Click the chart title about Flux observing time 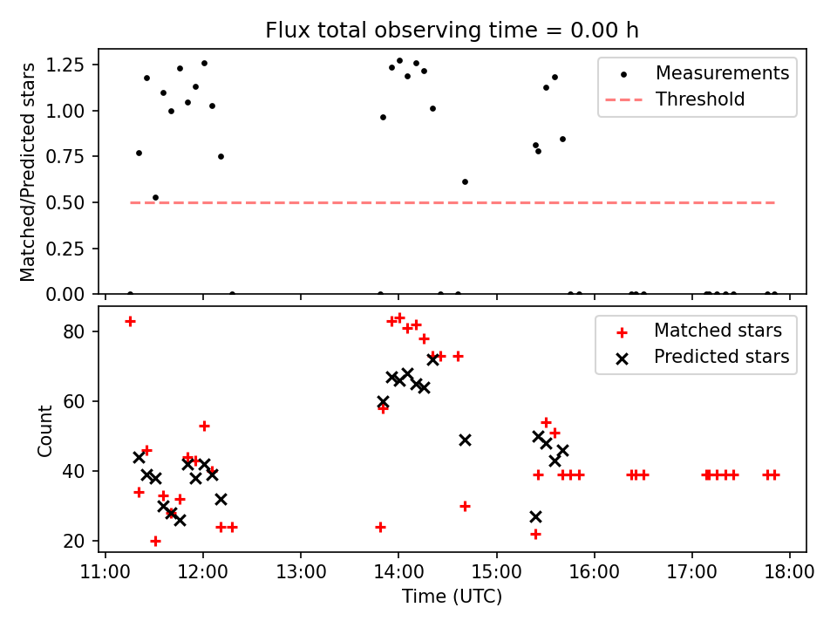pos(452,31)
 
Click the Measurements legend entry pos(722,72)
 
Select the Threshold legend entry pos(700,99)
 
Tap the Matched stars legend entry pos(718,331)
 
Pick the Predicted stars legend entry pos(722,357)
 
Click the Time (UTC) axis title pos(452,597)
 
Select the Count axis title pos(45,430)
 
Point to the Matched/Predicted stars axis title pos(28,172)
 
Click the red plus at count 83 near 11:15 pos(130,321)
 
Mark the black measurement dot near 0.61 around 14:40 pos(465,181)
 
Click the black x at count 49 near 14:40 pos(465,440)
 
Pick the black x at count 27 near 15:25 pos(535,516)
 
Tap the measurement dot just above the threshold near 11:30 pos(155,197)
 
